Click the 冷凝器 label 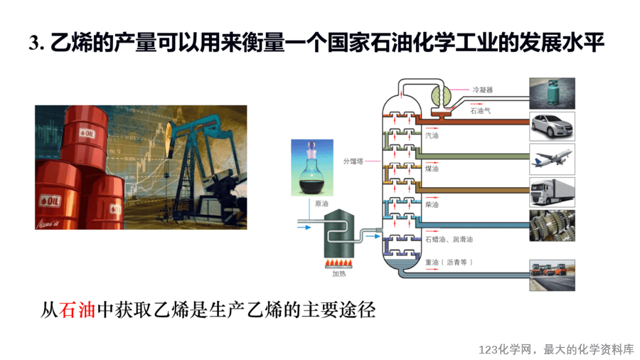pos(482,90)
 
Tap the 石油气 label pos(481,110)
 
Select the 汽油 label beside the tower pos(432,135)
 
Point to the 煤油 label pos(432,169)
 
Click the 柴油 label pos(432,204)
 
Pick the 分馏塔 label pos(353,162)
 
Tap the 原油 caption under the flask pos(321,203)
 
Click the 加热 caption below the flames pos(338,273)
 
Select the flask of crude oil pos(312,168)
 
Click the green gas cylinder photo pos(553,93)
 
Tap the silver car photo pos(553,127)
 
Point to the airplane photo pos(553,159)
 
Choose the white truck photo pos(553,192)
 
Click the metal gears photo pos(553,226)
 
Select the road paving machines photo pos(553,275)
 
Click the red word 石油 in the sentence pos(77,309)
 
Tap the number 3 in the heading pos(34,43)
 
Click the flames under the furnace pos(338,263)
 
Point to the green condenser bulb pos(442,96)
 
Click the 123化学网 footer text pos(505,349)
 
